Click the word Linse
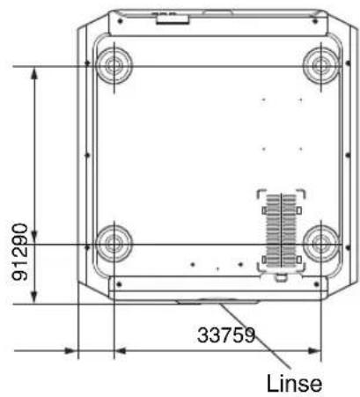click(x=294, y=384)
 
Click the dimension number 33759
click(x=226, y=335)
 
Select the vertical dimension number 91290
click(x=20, y=252)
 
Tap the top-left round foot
click(x=114, y=64)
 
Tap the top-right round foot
click(x=321, y=65)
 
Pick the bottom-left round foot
click(x=114, y=244)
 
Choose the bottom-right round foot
click(x=321, y=244)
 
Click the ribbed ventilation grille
click(x=281, y=231)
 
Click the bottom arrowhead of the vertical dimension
click(x=34, y=297)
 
